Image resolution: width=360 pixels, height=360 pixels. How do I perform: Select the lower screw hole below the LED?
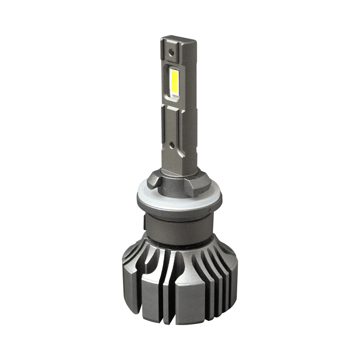point(172,145)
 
